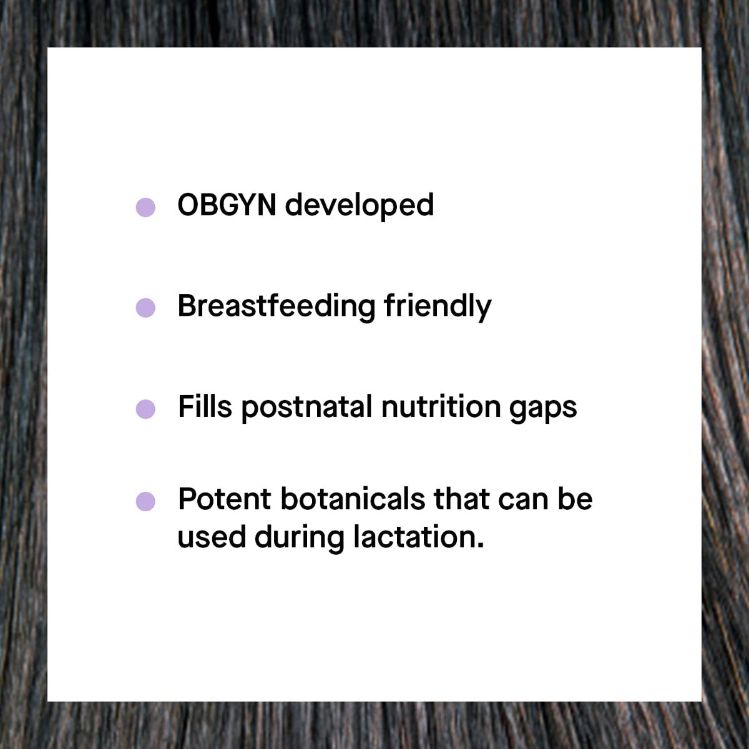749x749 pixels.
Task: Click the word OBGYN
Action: point(227,205)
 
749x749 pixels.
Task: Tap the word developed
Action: point(359,207)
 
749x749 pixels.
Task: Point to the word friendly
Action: point(438,308)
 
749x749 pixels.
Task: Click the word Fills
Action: point(205,406)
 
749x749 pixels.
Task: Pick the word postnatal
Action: point(306,408)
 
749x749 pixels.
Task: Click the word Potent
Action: point(224,499)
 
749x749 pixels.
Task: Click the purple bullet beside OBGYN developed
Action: point(145,207)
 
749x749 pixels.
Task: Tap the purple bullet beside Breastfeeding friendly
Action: point(145,308)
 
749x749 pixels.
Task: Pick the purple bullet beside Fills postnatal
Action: point(145,409)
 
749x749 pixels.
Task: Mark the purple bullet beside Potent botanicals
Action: point(145,501)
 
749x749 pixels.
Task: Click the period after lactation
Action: point(481,546)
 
